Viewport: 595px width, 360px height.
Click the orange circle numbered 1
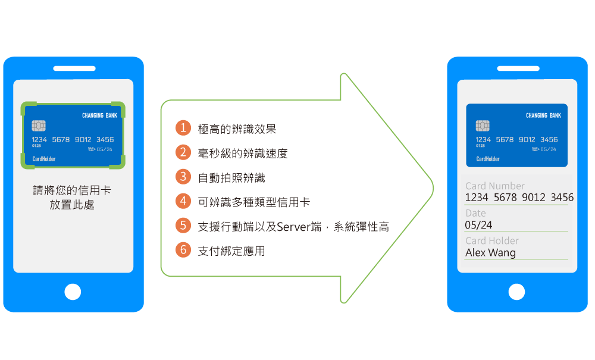183,128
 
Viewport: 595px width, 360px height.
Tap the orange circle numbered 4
183,201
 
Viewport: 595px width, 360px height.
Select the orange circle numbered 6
183,250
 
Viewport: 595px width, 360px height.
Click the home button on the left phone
73,292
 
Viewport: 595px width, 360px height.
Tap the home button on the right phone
516,292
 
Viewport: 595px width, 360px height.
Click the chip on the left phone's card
39,126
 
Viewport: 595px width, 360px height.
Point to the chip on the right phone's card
483,126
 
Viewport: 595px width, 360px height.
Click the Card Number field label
495,186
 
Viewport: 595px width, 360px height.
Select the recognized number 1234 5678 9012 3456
519,197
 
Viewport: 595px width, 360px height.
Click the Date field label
475,213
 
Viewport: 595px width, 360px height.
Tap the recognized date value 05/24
478,225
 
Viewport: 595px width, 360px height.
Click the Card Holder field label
491,240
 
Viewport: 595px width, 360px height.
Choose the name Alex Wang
490,252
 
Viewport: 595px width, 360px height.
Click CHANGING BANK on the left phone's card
99,115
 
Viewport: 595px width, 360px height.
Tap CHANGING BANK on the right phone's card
543,115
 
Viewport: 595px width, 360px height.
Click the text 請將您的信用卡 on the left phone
72,191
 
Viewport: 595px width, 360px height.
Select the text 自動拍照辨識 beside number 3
231,177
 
